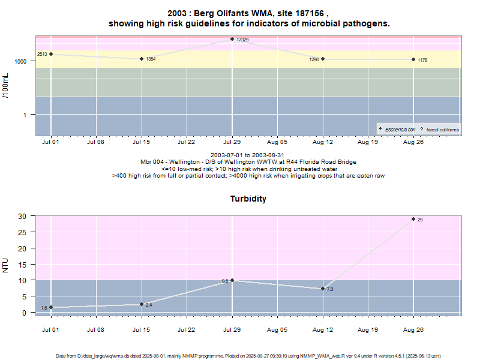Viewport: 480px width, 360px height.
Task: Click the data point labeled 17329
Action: tap(232, 40)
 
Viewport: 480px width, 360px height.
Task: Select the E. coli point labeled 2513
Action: tap(51, 54)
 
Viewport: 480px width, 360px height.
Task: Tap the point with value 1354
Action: tap(142, 59)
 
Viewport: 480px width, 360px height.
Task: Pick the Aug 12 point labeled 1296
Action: tap(323, 59)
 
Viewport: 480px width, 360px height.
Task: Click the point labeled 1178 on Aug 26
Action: tap(413, 59)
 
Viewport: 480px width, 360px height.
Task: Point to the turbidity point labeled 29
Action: tap(413, 219)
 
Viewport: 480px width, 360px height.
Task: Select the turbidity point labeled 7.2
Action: tap(323, 289)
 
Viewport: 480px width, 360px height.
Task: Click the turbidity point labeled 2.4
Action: tap(142, 304)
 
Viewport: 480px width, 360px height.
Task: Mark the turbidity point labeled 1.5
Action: tap(51, 307)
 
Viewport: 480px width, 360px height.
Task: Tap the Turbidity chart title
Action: tap(248, 199)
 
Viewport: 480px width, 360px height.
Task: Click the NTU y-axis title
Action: tap(7, 264)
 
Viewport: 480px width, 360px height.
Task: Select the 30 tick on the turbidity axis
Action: tap(23, 216)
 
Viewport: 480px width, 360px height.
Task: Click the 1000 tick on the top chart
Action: tap(21, 62)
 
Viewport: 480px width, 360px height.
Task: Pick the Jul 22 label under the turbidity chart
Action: tap(187, 329)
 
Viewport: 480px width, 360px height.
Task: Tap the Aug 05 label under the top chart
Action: tap(277, 143)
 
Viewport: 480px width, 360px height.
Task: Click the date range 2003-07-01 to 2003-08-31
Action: tap(248, 155)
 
